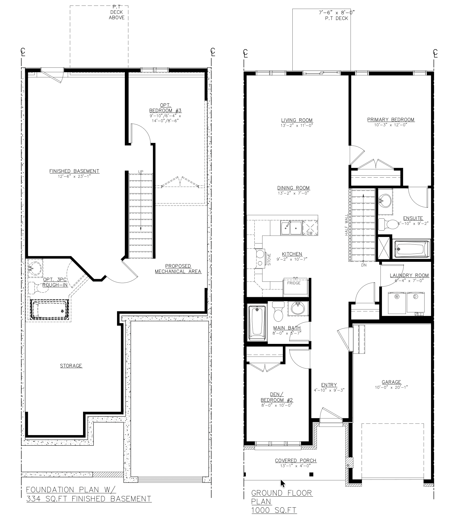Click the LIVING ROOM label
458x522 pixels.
coord(297,120)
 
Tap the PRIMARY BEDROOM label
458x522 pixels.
coord(391,120)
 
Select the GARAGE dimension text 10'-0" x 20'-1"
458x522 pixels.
coord(391,387)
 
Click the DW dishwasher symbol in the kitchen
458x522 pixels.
coord(310,228)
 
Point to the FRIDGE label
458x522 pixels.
coord(294,283)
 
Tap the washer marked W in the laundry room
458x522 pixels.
coord(397,303)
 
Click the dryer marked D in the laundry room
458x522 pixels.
coord(415,303)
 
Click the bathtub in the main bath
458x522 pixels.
coord(257,323)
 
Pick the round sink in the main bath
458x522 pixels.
coord(298,309)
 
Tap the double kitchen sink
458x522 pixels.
coord(291,228)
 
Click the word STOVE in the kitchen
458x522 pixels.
coord(269,259)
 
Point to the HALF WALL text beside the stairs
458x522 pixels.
coord(347,225)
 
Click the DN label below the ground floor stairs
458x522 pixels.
coord(364,265)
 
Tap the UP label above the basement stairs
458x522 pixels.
coord(141,172)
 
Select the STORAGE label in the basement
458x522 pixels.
coord(71,366)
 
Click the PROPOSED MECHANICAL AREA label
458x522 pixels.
coord(178,269)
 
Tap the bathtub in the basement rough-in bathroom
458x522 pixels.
coord(50,310)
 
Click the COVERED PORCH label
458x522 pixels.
coord(296,460)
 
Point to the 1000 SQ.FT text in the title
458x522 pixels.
coord(274,510)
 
